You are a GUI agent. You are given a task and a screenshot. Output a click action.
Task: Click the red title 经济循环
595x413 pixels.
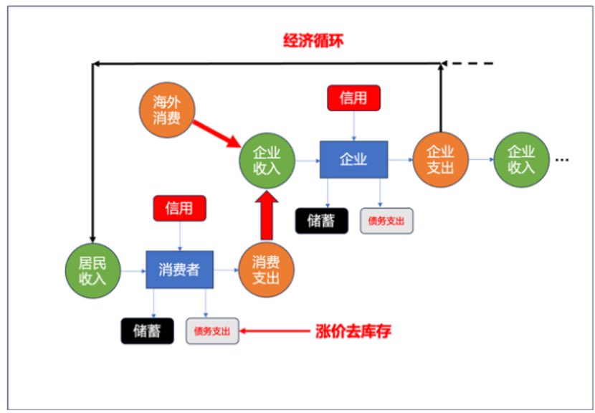tap(313, 40)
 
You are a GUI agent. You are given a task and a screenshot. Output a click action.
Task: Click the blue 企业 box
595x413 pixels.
tap(353, 159)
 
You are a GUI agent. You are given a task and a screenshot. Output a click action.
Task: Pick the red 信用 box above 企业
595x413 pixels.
tap(353, 98)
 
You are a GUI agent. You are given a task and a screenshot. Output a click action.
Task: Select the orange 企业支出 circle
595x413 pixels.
tap(440, 159)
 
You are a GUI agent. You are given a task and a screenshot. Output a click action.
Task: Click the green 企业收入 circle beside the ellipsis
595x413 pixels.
tap(521, 159)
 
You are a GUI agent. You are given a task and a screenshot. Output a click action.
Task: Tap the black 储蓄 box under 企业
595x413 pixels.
tap(322, 221)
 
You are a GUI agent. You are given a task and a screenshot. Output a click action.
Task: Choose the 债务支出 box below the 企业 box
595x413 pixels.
tap(386, 221)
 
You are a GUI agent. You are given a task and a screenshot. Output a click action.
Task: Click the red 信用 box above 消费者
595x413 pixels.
tap(179, 208)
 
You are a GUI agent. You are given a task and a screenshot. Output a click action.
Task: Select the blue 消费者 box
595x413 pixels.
tap(178, 270)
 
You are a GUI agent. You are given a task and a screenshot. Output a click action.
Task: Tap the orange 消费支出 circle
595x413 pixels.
tap(266, 270)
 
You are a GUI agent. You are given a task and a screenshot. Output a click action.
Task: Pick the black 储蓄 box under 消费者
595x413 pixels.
tap(147, 331)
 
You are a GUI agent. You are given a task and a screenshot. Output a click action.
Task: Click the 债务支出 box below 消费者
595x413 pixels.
tap(212, 331)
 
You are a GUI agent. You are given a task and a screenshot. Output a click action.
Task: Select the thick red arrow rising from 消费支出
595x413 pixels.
tap(267, 215)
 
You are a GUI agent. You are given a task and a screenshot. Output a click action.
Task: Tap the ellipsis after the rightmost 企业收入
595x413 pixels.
tap(561, 161)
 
